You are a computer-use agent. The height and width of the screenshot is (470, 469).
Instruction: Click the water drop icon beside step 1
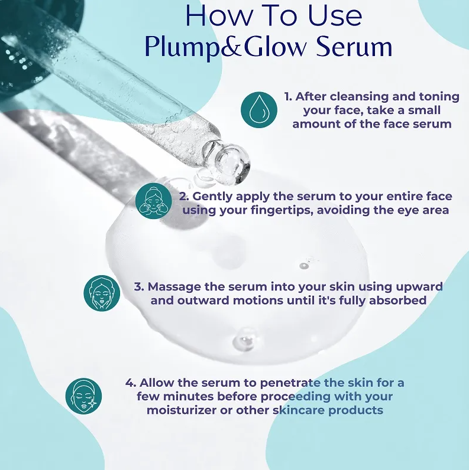tap(259, 110)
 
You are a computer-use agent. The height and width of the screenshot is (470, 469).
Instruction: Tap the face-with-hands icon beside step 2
tap(154, 201)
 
